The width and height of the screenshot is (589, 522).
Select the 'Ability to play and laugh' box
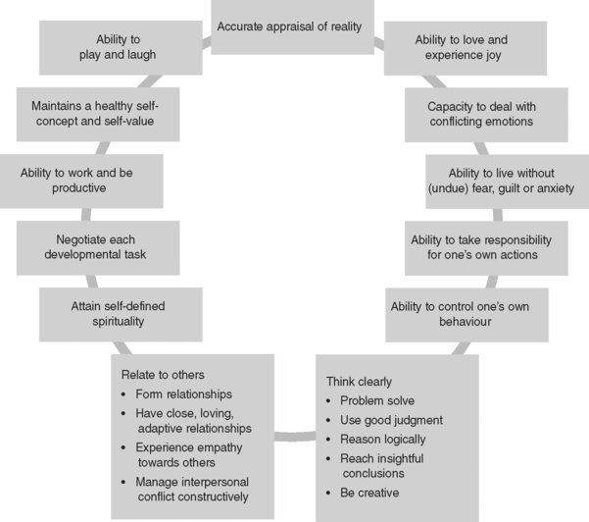coord(121,47)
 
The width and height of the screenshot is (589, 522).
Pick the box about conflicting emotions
coord(480,114)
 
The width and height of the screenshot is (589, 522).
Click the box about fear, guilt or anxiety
coord(507,180)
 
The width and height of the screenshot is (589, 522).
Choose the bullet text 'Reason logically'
coord(390,438)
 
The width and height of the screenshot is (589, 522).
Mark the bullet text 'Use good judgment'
coord(394,419)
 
